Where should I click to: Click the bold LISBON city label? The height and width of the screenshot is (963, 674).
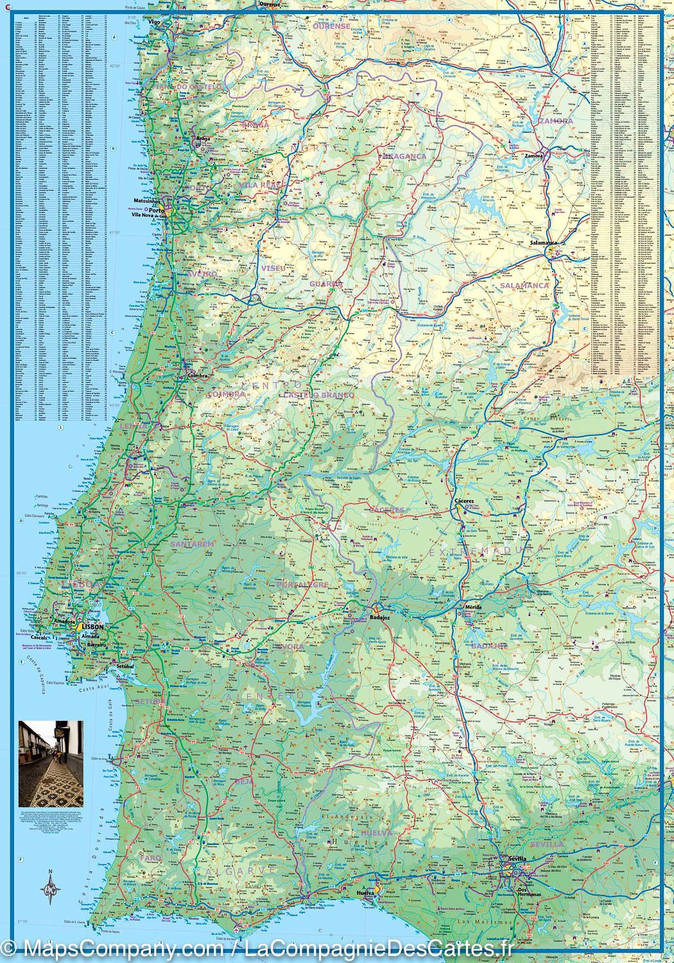coord(92,626)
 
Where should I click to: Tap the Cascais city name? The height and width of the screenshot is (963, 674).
coord(58,638)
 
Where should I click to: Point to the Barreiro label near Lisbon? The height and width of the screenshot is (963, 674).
coord(96,643)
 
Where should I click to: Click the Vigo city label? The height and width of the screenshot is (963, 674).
coord(153,21)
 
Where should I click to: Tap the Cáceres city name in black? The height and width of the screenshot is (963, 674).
coord(463,499)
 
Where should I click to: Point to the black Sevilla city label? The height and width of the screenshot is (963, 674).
coord(516,858)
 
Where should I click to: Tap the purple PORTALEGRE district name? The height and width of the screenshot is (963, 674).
coord(302,585)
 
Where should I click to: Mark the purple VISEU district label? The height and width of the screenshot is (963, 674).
coord(273,267)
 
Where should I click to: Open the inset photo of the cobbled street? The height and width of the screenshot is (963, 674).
coord(51,763)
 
